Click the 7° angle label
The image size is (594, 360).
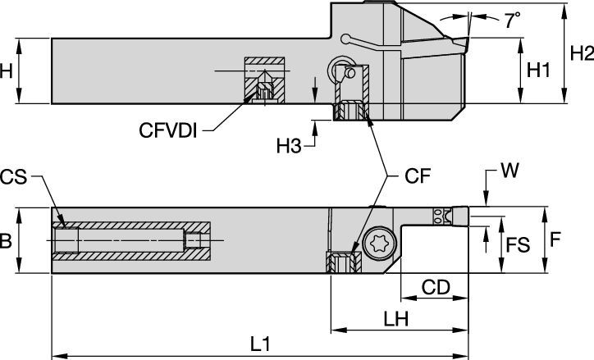(x=513, y=22)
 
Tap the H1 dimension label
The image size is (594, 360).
(x=537, y=71)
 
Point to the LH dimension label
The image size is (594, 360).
(x=396, y=317)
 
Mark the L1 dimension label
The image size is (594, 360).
(x=260, y=344)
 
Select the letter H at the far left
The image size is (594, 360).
(x=6, y=71)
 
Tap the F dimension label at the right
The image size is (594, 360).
(x=555, y=239)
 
